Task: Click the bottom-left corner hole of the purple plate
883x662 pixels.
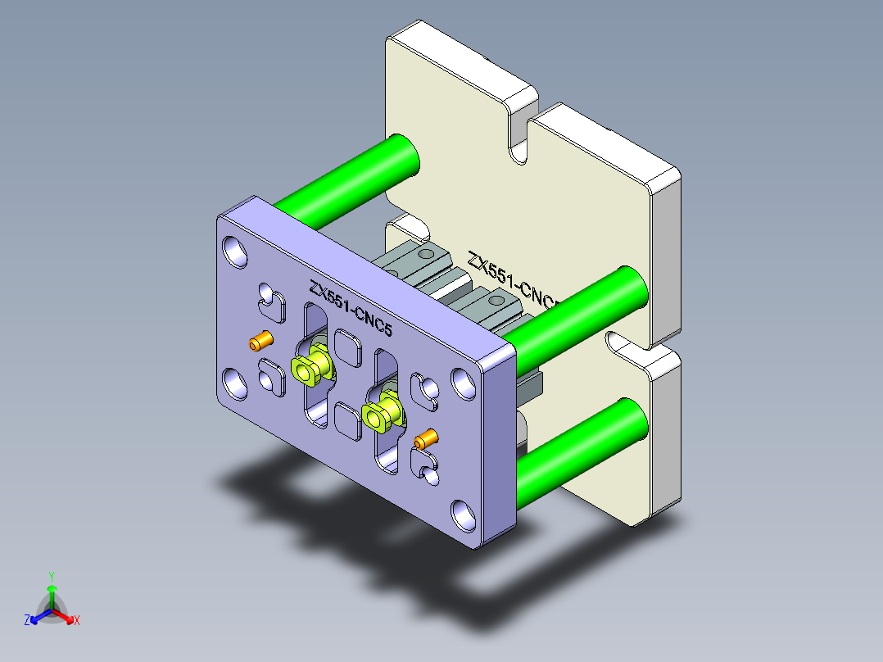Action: (234, 383)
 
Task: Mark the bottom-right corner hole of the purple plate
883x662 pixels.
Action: (464, 515)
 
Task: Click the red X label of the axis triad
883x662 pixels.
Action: (77, 621)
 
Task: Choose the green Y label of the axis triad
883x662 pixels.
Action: (51, 576)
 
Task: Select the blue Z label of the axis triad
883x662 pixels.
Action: (27, 621)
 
